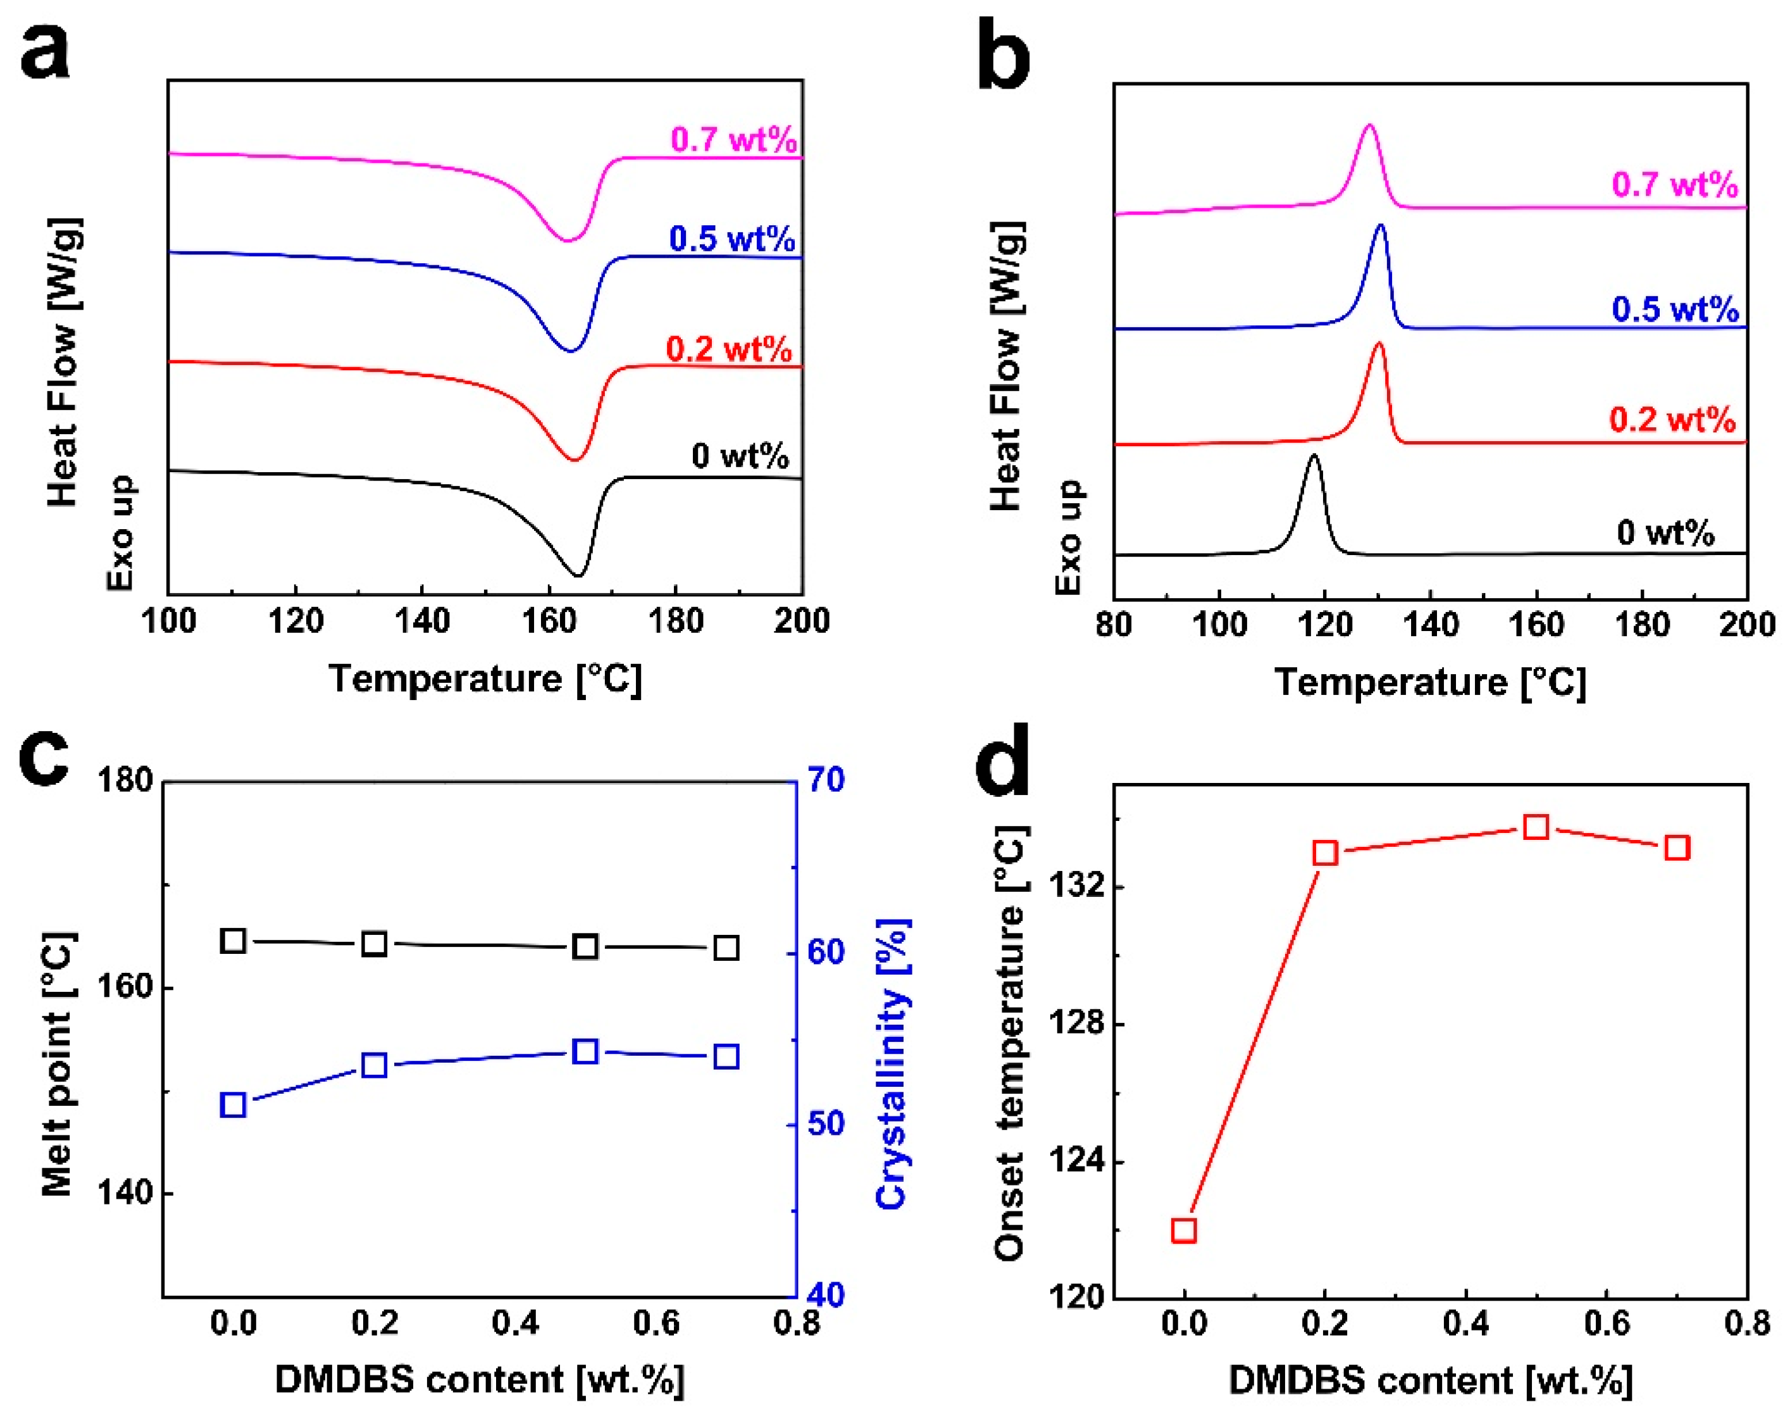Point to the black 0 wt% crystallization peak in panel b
1314,458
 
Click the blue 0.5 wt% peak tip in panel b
1379,227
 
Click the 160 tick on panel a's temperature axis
549,620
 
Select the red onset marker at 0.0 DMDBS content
1183,1230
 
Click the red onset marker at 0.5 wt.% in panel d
1536,827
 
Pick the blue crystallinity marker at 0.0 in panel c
233,1105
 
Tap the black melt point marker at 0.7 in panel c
726,948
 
